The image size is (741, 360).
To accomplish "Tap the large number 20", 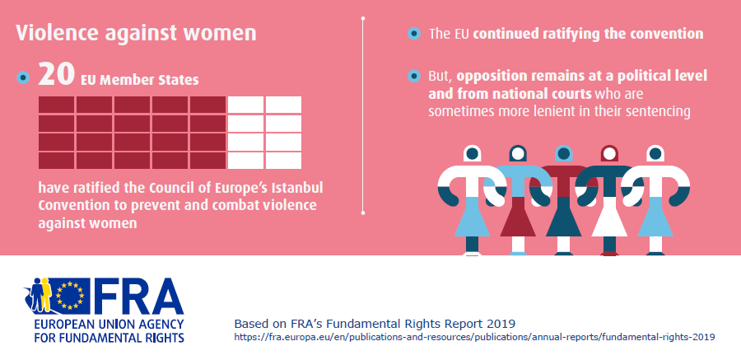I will click(x=56, y=77).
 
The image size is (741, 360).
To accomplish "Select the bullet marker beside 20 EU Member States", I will click(x=24, y=78).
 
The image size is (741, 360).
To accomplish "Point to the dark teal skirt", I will click(x=563, y=220).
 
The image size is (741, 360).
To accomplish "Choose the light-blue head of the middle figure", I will click(x=563, y=153).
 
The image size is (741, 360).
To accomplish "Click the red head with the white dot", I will click(x=608, y=153).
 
